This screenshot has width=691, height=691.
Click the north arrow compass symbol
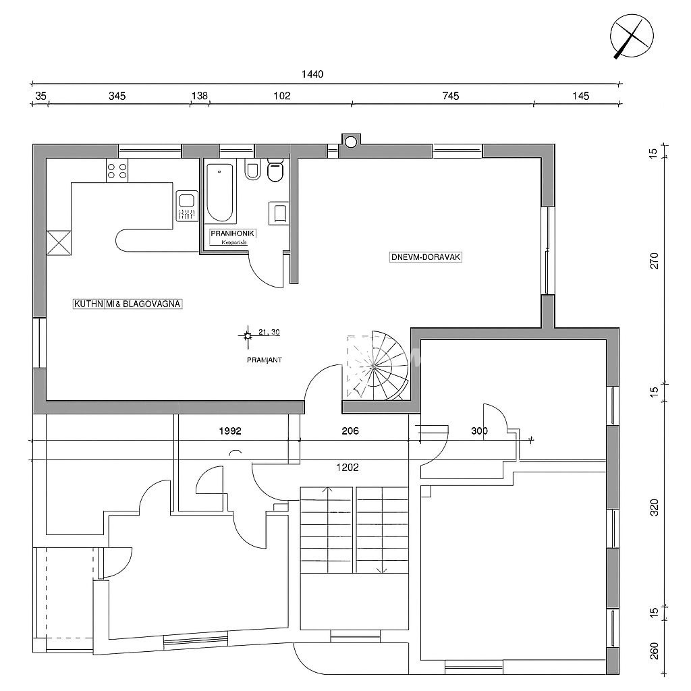point(632,36)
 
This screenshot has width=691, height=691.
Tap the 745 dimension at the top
point(451,96)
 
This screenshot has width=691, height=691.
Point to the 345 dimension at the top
point(117,96)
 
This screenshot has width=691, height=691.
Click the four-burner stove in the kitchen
point(117,171)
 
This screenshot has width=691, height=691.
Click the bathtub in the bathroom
point(221,192)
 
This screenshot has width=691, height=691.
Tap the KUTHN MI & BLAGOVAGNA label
point(128,304)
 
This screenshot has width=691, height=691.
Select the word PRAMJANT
point(264,360)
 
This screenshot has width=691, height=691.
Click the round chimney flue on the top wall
point(350,141)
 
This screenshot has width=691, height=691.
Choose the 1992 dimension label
point(229,430)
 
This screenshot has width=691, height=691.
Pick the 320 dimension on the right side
point(653,507)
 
